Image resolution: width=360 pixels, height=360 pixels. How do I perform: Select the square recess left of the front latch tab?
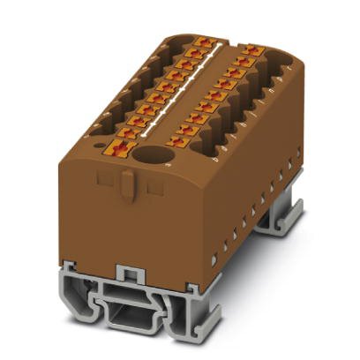[102, 180]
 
